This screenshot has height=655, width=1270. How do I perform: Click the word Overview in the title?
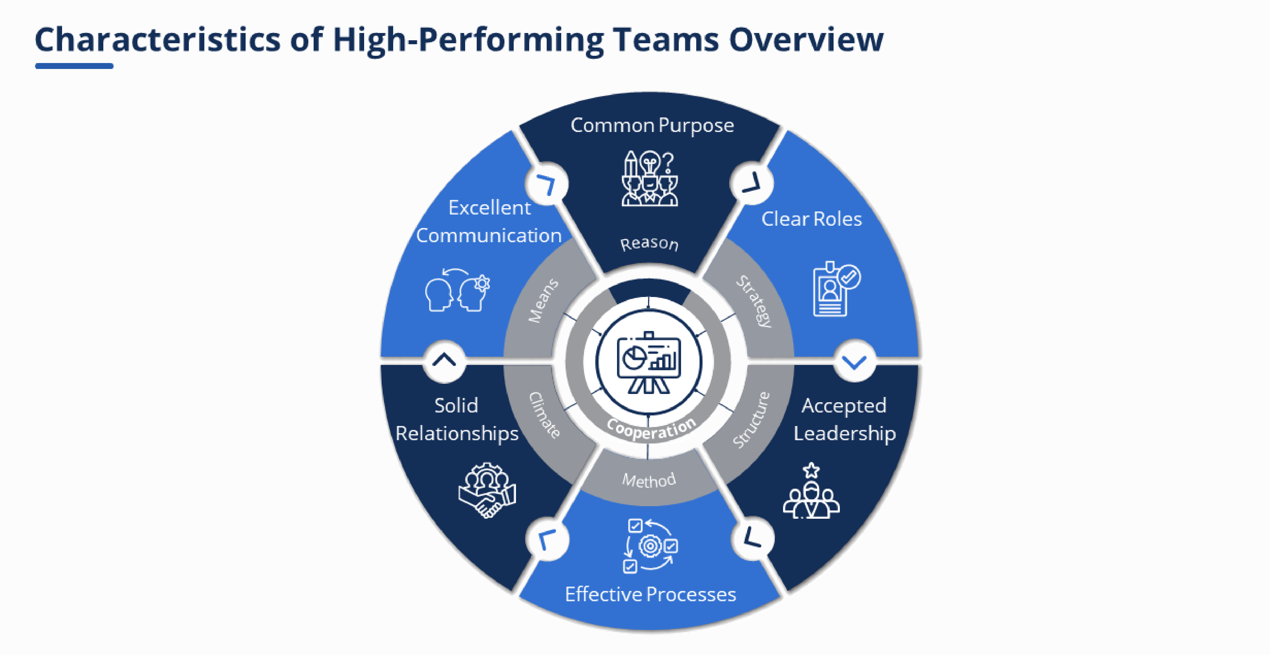tap(806, 39)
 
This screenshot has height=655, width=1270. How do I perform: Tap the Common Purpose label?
tap(652, 125)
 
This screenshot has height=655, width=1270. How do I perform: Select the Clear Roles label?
tap(811, 219)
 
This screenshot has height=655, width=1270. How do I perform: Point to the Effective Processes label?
tap(650, 594)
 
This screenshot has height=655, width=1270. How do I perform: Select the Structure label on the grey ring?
tap(751, 420)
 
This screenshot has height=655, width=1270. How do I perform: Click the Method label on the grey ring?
tap(649, 479)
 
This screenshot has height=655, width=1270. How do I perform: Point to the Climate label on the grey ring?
tap(545, 415)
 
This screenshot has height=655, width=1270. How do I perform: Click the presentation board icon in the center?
tap(649, 363)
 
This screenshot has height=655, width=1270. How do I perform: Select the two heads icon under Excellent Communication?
tap(458, 291)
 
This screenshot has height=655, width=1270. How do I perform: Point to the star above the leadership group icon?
tap(811, 470)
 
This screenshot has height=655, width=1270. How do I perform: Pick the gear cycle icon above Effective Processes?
tap(650, 545)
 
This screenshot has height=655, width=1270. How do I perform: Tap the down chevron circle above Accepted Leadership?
tap(854, 361)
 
